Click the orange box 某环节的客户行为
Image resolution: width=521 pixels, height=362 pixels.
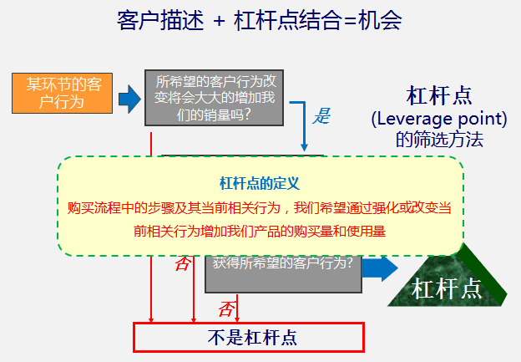point(62,93)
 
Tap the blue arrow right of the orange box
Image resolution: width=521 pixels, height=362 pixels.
point(129,99)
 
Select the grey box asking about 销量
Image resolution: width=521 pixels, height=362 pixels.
point(214,98)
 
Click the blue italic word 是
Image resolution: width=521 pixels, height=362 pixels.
point(321,116)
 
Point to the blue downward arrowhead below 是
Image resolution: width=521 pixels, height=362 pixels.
point(304,147)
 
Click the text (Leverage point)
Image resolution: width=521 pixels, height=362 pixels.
point(439,119)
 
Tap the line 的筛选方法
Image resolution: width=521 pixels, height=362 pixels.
point(439,140)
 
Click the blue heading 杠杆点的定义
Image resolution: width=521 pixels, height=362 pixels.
point(260,183)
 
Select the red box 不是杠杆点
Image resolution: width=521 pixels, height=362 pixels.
point(249,337)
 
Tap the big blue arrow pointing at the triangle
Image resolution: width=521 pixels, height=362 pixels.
point(380,268)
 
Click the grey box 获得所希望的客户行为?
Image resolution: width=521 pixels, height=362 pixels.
point(283,274)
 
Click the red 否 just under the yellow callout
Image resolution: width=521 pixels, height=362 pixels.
point(183,264)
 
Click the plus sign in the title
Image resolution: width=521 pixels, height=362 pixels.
point(220,22)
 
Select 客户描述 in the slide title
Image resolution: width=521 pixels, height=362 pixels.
point(160,21)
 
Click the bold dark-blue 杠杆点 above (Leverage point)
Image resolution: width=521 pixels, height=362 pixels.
point(439,96)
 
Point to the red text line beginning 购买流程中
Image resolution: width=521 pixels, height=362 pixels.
point(260,208)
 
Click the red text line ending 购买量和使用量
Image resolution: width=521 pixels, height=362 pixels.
point(260,231)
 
